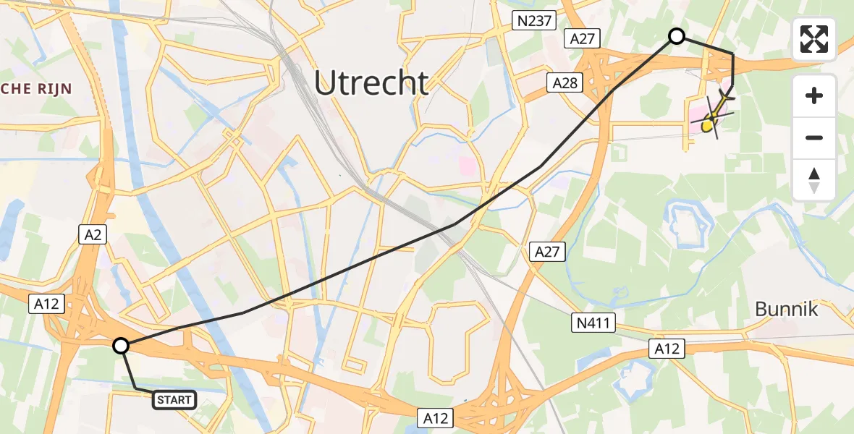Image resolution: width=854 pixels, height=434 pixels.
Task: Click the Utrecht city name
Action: pyautogui.click(x=371, y=83)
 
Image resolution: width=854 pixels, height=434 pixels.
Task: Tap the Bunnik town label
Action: pyautogui.click(x=786, y=310)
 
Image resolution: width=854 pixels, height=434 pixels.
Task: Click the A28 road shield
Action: pyautogui.click(x=565, y=83)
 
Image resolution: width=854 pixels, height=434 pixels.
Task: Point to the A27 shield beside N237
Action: pyautogui.click(x=583, y=39)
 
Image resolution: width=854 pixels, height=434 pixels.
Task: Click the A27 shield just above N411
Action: pyautogui.click(x=547, y=252)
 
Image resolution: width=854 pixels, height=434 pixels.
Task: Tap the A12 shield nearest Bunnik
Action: pyautogui.click(x=667, y=349)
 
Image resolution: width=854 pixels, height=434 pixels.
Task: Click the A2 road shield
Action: pyautogui.click(x=92, y=233)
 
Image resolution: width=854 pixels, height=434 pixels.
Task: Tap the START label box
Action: pyautogui.click(x=174, y=399)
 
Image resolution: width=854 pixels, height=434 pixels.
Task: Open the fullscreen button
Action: pyautogui.click(x=814, y=39)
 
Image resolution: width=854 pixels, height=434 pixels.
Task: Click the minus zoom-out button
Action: pyautogui.click(x=814, y=137)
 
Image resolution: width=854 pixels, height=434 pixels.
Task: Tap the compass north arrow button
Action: pyautogui.click(x=814, y=179)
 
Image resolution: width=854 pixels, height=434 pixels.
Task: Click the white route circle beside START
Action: pyautogui.click(x=121, y=346)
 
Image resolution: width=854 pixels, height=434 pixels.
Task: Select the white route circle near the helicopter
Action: pyautogui.click(x=676, y=35)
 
